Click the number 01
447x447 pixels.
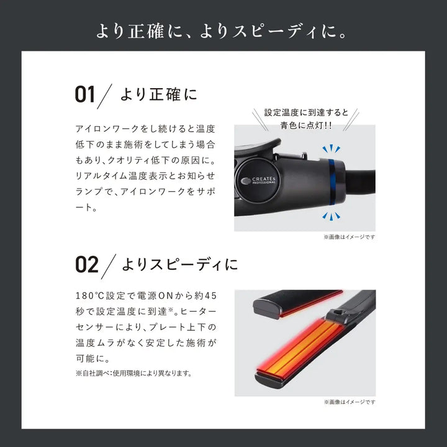pyautogui.click(x=85, y=95)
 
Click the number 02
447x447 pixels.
pyautogui.click(x=86, y=264)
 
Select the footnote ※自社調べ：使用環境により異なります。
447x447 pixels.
pyautogui.click(x=133, y=373)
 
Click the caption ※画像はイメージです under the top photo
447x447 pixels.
pyautogui.click(x=349, y=237)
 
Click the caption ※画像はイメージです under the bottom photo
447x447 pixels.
pyautogui.click(x=349, y=402)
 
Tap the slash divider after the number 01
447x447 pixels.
pyautogui.click(x=107, y=95)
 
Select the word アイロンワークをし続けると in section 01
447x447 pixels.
pyautogui.click(x=134, y=129)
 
